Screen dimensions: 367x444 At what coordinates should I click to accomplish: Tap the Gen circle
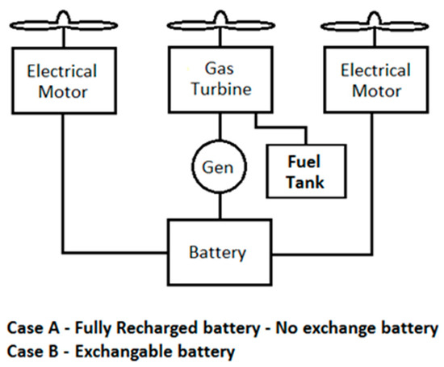click(219, 167)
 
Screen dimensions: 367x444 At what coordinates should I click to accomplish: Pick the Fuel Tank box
click(306, 171)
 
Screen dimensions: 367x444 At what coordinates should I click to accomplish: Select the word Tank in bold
click(307, 181)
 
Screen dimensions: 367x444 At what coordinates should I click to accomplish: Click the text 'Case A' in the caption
click(31, 329)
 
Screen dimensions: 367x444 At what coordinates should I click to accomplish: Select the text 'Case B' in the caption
click(31, 352)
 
